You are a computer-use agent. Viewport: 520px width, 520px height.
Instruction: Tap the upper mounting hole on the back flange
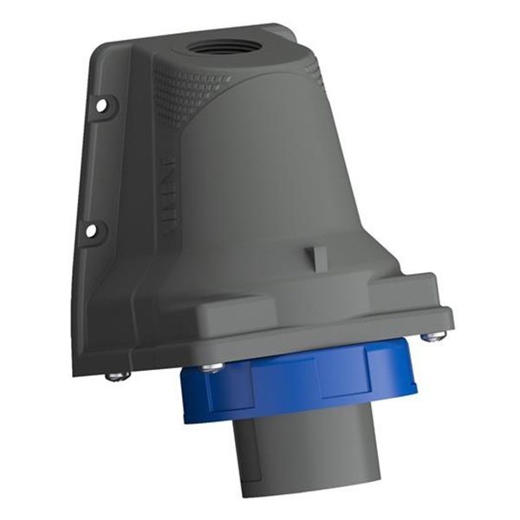coord(101,105)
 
